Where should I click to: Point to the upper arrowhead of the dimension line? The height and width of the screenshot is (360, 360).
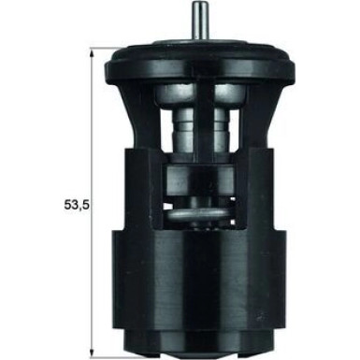point(91,56)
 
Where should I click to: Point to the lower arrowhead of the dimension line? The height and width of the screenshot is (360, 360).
point(91,340)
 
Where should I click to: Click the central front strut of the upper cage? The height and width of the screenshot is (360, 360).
point(202,122)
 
